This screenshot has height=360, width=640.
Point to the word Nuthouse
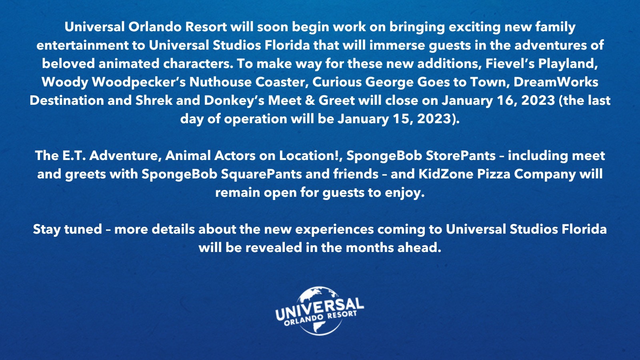point(220,82)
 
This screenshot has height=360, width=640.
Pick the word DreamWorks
point(556,82)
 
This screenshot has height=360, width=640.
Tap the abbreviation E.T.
point(74,156)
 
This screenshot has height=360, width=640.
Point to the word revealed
point(274,248)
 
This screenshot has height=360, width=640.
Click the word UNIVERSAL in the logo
point(320,309)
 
